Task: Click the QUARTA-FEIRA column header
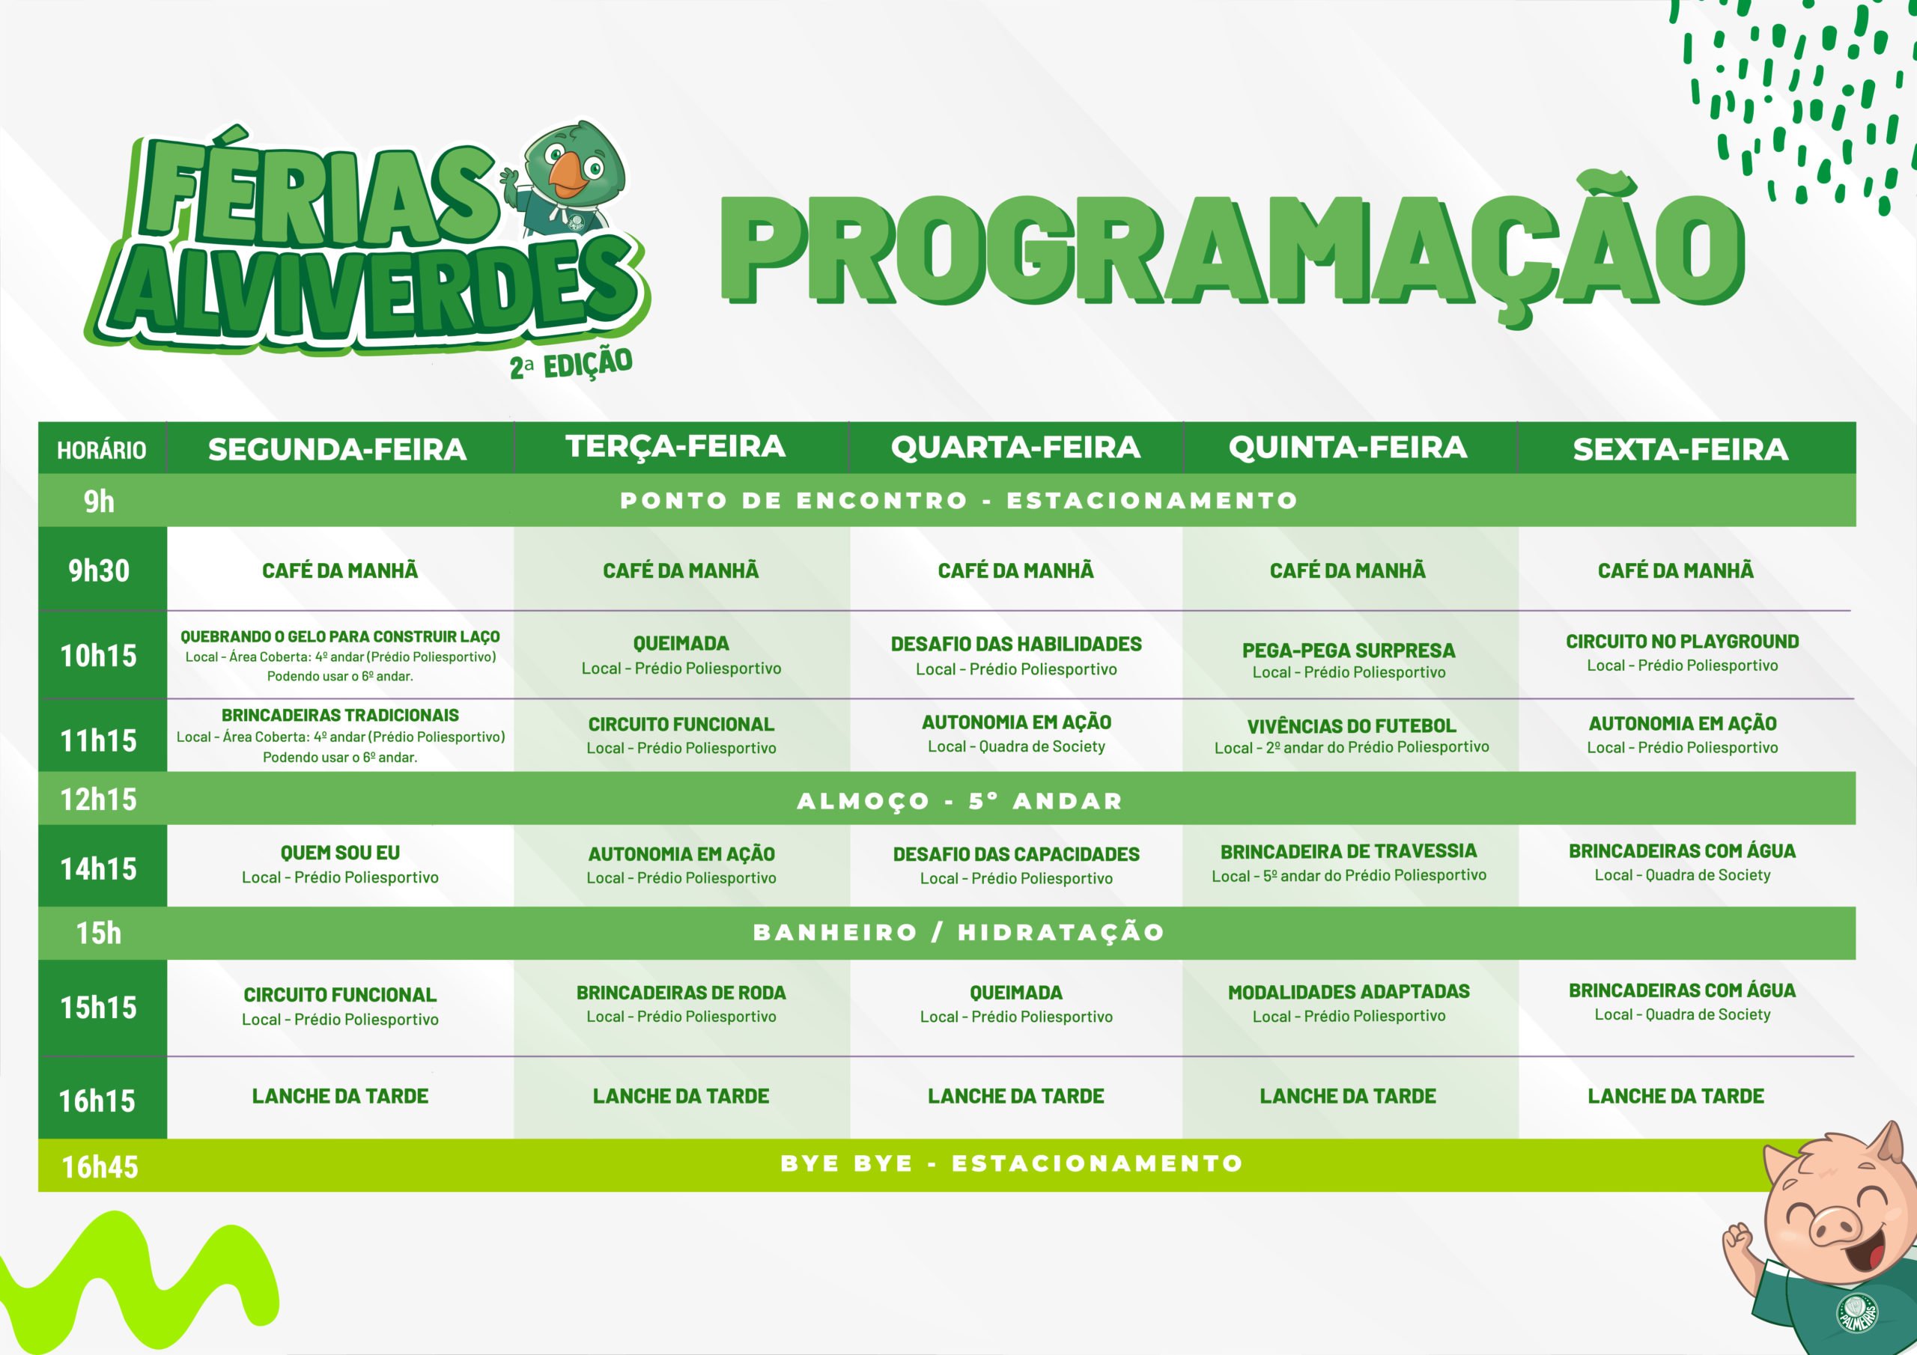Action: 1015,448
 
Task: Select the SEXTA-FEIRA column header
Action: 1680,449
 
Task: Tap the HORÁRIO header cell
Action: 101,450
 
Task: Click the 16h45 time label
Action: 100,1166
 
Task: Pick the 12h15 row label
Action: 99,800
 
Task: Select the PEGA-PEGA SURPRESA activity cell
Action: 1349,660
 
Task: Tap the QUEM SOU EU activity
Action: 340,864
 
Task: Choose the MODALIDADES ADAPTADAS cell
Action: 1349,1002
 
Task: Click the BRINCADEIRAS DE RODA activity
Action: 681,1003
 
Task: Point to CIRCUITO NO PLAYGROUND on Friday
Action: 1683,653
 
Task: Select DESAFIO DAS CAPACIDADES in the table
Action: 1016,865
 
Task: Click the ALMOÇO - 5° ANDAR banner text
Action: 960,800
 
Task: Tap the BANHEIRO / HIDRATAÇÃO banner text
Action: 958,932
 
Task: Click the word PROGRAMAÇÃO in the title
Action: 1233,251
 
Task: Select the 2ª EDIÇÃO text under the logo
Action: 571,365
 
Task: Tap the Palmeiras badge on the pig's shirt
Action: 1857,1312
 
